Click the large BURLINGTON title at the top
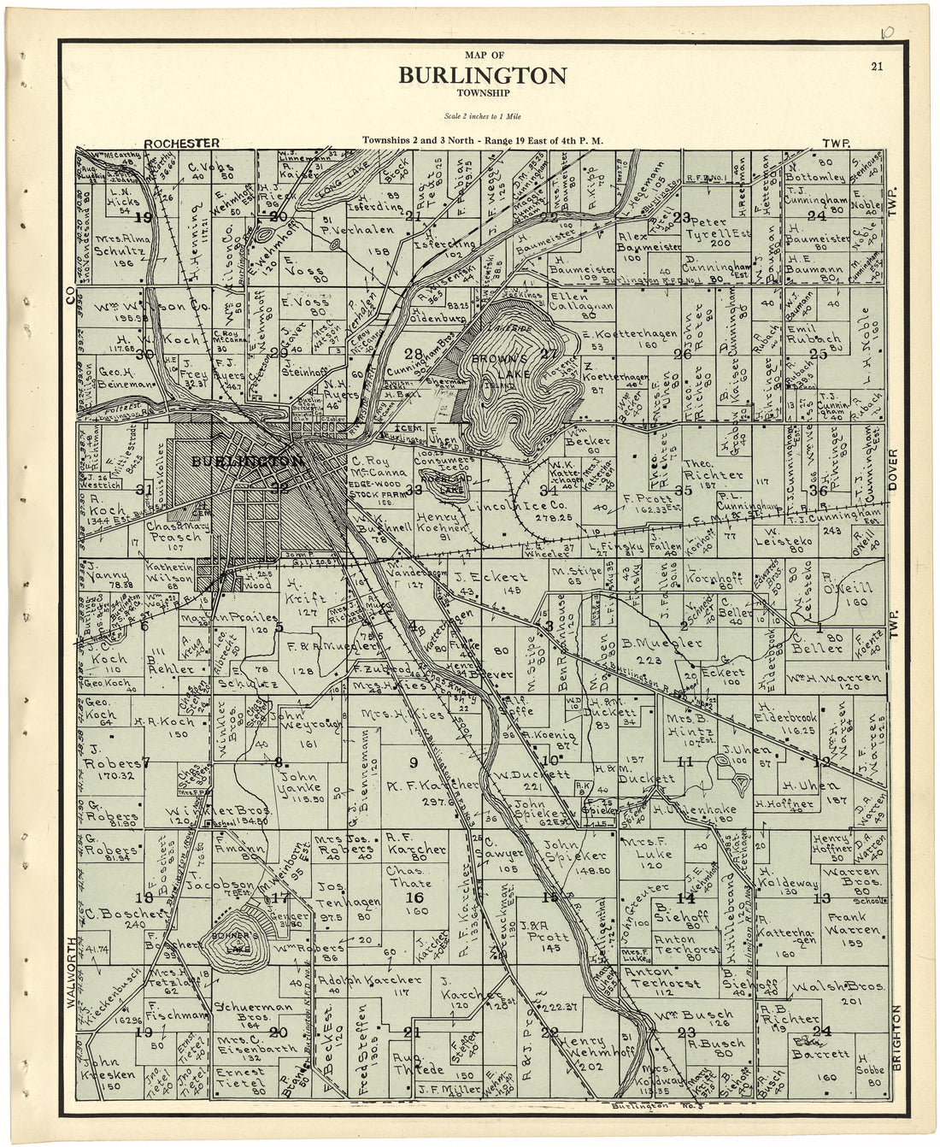point(482,76)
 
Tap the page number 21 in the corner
point(877,68)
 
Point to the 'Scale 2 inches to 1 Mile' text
point(482,115)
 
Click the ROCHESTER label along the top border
point(182,143)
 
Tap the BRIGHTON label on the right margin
point(896,1035)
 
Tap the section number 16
point(415,897)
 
